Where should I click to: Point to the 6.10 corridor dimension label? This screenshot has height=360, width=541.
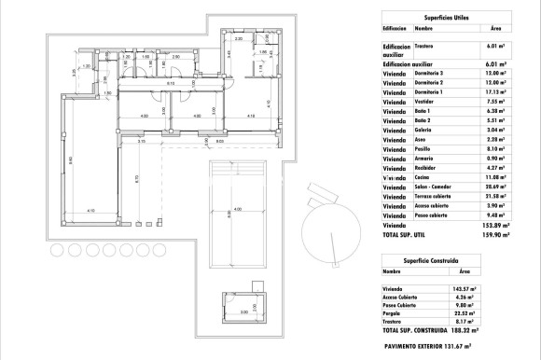(170, 85)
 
